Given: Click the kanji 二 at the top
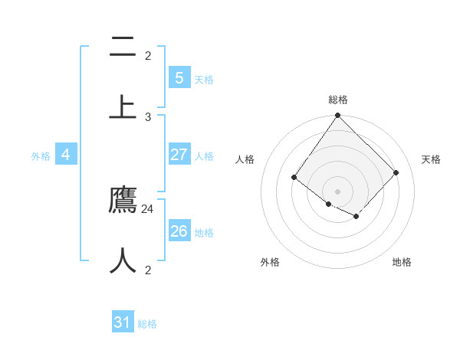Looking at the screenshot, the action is pos(123,47).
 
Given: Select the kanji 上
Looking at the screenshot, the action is pos(123,106).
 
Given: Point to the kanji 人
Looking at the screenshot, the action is pos(123,260).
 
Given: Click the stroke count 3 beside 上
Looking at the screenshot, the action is pos(148,116).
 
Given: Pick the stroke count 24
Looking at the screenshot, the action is pos(148,208).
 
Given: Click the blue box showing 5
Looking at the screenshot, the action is pos(179,78).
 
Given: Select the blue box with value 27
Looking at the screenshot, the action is pos(179,155).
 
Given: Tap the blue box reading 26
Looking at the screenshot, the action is pos(179,231).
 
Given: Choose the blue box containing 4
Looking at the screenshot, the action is pos(66,155).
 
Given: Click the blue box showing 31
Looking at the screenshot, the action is pos(123,322).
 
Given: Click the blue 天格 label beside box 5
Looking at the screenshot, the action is pos(204,80).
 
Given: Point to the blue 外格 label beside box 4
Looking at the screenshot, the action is pos(41,156).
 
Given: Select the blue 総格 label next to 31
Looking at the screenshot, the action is pos(147,324).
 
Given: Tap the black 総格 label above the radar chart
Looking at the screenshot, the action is pos(338,100).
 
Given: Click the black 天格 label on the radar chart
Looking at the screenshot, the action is pos(432,159).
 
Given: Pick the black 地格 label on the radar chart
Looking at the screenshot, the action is pos(402,262).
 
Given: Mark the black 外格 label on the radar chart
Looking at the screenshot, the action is pos(270,262).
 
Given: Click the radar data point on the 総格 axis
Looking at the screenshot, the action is pos(338,116).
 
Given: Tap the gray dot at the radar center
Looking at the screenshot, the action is pos(338,191).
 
